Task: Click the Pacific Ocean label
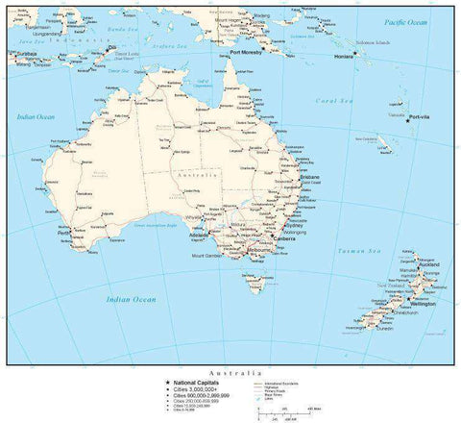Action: click(404, 21)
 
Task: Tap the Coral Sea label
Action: click(329, 100)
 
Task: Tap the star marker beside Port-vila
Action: click(407, 119)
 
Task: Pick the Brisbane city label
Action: click(309, 178)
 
